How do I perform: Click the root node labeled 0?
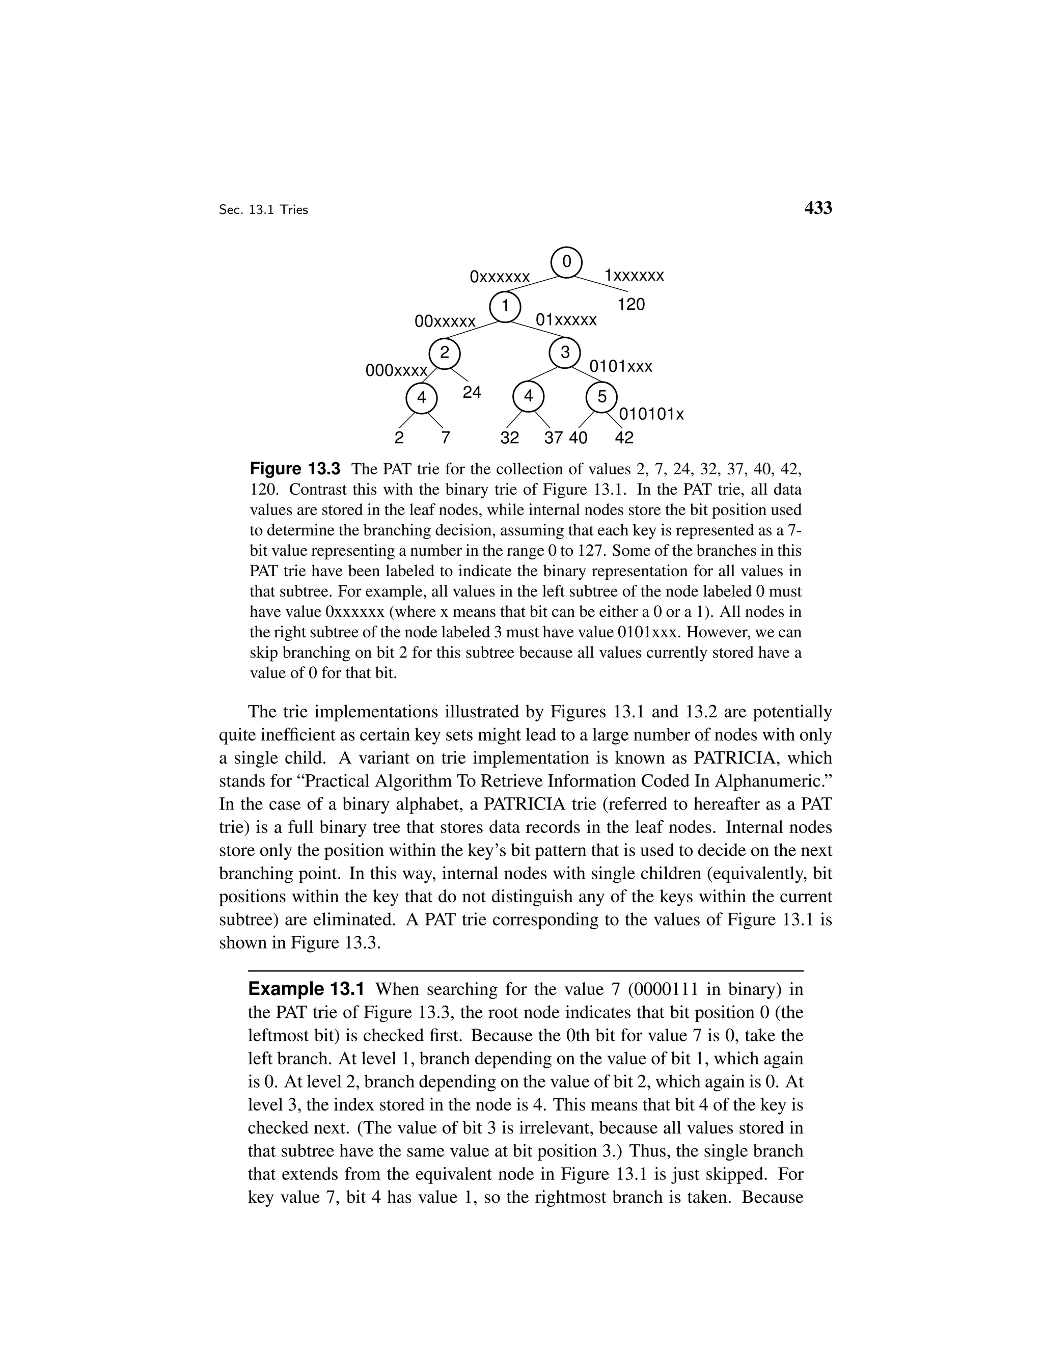(566, 262)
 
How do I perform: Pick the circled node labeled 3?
(565, 353)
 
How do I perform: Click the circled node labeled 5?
(602, 397)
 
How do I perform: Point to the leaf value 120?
(631, 304)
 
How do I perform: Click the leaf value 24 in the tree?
(472, 392)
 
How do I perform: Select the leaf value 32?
(510, 438)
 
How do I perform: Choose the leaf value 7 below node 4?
(446, 438)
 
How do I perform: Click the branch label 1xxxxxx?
(634, 276)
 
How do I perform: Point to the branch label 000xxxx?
(396, 371)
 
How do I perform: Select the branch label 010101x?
(651, 414)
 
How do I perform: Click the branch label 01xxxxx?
(566, 320)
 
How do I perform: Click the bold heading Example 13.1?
(306, 989)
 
